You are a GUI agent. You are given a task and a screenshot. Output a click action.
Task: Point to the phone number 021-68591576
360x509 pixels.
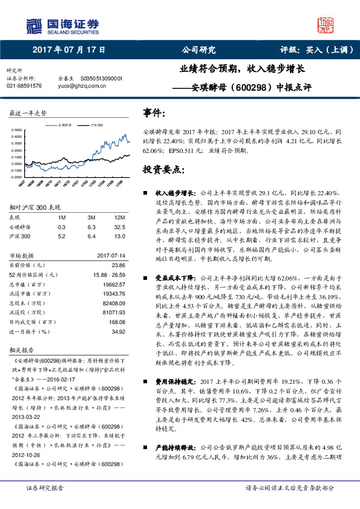point(25,86)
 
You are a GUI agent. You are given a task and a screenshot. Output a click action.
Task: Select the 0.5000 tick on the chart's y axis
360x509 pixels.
point(20,130)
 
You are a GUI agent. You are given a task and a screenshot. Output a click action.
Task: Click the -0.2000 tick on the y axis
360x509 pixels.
point(19,177)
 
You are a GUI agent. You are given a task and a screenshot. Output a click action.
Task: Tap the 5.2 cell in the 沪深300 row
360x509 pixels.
point(61,236)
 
